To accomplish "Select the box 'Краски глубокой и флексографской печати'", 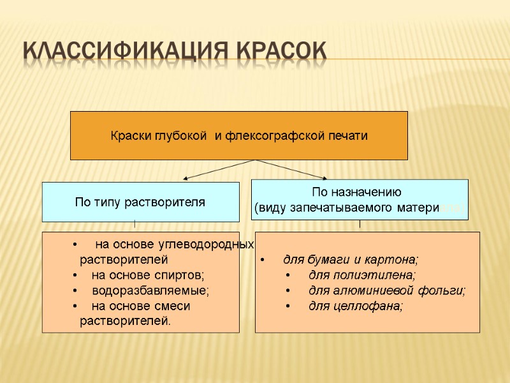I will (238, 135).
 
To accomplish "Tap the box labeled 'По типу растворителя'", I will (140, 202).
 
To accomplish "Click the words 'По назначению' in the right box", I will (356, 191).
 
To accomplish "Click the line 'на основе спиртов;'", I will (148, 275).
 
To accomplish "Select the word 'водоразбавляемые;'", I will (150, 290).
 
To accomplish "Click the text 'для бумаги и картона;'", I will (351, 260).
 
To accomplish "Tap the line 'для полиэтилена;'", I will (362, 275).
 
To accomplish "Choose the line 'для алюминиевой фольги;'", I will (387, 290).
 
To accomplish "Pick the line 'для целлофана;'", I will (356, 306).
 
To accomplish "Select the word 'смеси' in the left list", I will (175, 306).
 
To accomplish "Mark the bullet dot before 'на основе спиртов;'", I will (75, 276).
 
